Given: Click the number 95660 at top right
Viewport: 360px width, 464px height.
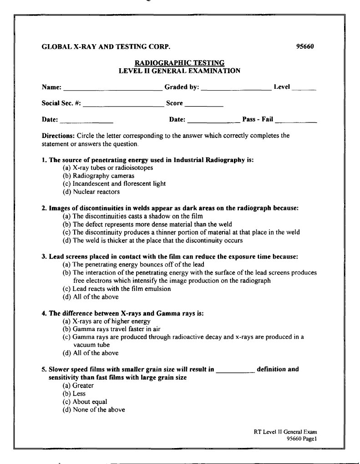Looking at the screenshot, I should click(x=306, y=46).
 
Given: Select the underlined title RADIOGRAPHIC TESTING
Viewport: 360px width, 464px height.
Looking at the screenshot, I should click(x=179, y=63).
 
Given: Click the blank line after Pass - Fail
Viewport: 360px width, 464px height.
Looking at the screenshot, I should click(x=296, y=122).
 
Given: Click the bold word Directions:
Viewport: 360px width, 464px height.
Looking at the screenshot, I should click(x=58, y=136).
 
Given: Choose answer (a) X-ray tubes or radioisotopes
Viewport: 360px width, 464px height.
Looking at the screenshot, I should click(x=107, y=168).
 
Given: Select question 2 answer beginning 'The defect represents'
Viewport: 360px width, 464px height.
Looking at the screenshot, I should click(x=147, y=224).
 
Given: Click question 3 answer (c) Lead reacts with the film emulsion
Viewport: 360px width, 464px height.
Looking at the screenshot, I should click(x=117, y=289).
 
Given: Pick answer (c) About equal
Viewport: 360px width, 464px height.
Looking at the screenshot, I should click(x=85, y=402).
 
